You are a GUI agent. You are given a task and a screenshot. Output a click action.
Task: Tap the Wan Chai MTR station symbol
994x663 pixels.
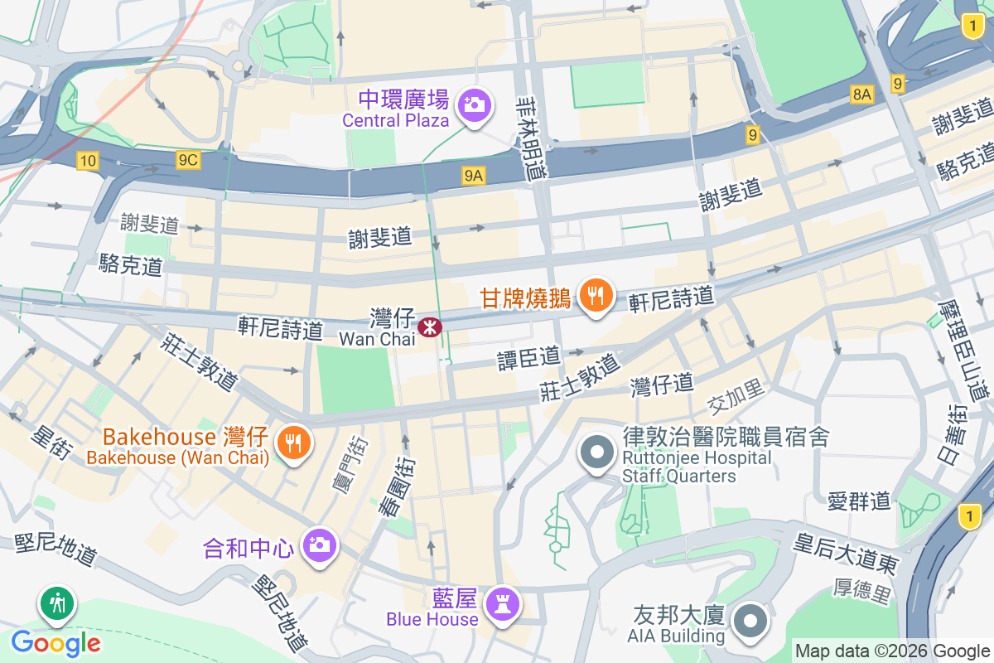coord(430,327)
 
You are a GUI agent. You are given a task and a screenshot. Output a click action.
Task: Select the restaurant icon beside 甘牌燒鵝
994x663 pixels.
coord(596,294)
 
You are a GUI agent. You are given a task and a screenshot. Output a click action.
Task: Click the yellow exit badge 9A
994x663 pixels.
coord(473,175)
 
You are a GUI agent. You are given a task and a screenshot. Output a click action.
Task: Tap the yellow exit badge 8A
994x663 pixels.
coord(861,94)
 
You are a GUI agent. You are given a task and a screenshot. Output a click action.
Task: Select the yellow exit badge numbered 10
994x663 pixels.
coord(88,161)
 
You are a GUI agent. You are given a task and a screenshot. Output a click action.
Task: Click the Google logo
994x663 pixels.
coord(56,642)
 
